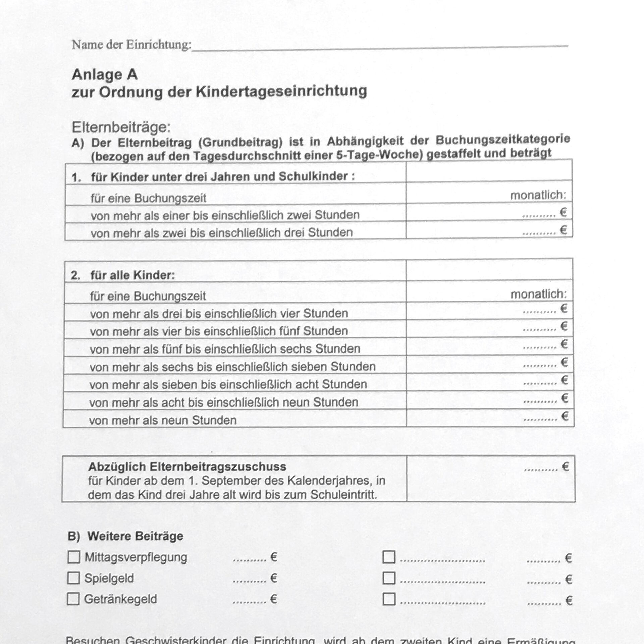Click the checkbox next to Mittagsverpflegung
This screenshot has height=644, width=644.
(x=74, y=557)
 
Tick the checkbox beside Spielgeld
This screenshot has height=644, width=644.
(x=74, y=578)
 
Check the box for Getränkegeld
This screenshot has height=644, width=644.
(x=73, y=599)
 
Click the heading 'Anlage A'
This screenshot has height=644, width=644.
(x=105, y=75)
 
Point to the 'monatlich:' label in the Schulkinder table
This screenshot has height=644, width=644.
(x=538, y=195)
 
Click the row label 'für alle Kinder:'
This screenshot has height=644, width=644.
(x=132, y=275)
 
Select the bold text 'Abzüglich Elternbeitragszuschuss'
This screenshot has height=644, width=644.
(x=187, y=467)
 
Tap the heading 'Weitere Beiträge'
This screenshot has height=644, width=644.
(x=135, y=536)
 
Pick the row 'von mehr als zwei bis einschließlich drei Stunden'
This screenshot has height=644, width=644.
(x=221, y=232)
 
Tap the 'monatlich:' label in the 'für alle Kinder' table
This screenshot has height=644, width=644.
(x=538, y=294)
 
